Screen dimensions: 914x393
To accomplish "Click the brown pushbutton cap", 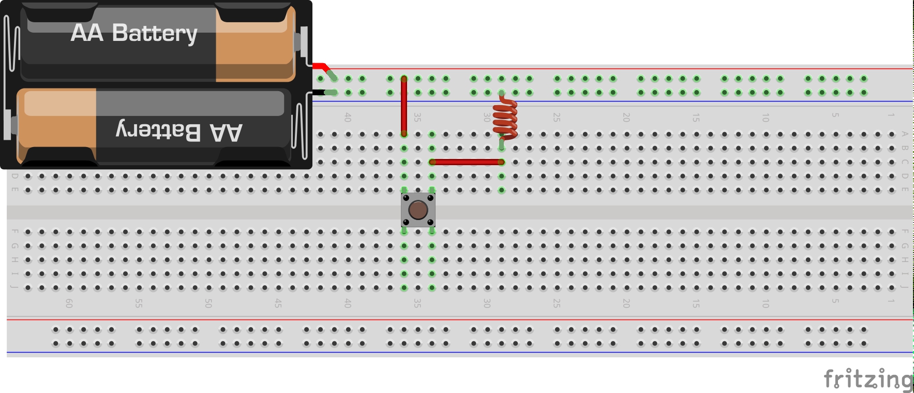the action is (418, 210).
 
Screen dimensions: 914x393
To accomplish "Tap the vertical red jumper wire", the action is (404, 106).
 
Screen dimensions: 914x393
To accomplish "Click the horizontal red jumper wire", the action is (467, 162).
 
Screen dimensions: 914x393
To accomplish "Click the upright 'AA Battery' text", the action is (134, 33).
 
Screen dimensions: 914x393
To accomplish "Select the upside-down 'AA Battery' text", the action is (179, 132).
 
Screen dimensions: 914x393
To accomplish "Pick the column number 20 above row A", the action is (626, 118).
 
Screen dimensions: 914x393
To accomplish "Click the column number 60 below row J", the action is (69, 303).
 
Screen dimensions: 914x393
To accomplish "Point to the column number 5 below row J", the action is (835, 301).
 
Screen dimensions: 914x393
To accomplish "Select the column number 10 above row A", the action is (765, 118).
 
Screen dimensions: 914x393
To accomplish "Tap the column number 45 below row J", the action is (278, 303).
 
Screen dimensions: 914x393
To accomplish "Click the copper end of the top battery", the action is (256, 43).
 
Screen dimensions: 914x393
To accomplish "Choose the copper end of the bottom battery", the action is (57, 126).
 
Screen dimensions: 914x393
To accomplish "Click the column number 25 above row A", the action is (556, 118).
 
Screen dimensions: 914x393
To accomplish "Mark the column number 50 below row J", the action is (208, 303).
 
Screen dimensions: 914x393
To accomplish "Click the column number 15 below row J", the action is (696, 303).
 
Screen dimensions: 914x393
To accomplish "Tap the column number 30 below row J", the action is (487, 303).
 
